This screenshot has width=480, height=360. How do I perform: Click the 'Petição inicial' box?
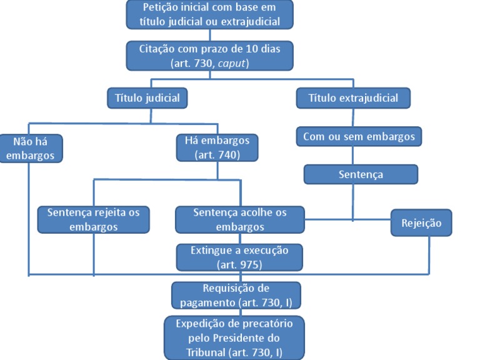click(209, 15)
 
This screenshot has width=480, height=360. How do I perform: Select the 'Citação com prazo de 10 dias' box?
click(209, 55)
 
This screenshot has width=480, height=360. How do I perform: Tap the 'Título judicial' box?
click(147, 98)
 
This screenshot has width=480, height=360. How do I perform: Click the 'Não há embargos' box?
click(31, 148)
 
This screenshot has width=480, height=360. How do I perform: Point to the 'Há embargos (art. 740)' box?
click(217, 148)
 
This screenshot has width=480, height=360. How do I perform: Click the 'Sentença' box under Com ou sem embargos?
click(361, 174)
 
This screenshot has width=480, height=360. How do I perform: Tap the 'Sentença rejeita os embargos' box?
click(93, 219)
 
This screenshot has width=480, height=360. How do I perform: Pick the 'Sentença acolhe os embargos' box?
click(239, 219)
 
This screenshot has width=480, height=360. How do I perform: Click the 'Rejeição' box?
click(421, 223)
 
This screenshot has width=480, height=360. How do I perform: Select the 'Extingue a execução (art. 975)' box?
click(239, 257)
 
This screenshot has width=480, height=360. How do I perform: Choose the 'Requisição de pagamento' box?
click(236, 295)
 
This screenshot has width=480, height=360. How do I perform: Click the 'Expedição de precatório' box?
click(235, 337)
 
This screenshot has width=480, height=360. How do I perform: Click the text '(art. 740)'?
click(217, 155)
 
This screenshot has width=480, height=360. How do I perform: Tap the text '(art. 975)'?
click(239, 264)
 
